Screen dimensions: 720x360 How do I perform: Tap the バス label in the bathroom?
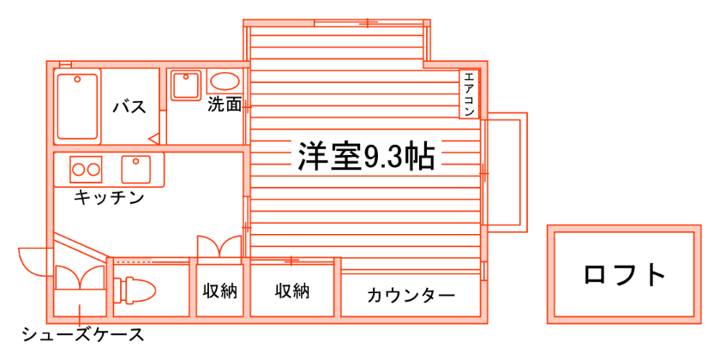pyautogui.click(x=129, y=107)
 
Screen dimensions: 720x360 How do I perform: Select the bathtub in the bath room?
pyautogui.click(x=78, y=105)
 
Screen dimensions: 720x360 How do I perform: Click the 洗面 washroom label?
pyautogui.click(x=225, y=106)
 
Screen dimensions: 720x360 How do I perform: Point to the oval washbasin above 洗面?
pyautogui.click(x=225, y=83)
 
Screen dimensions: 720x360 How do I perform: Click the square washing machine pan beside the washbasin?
pyautogui.click(x=184, y=85)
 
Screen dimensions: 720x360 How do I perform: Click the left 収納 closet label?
pyautogui.click(x=219, y=291)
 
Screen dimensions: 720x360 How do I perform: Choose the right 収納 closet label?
pyautogui.click(x=291, y=291)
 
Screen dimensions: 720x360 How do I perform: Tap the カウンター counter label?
pyautogui.click(x=411, y=296)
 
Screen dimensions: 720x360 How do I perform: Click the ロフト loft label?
pyautogui.click(x=624, y=275)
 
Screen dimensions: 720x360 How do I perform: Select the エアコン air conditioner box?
pyautogui.click(x=470, y=93)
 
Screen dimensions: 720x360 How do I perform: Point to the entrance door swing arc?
pyautogui.click(x=34, y=261)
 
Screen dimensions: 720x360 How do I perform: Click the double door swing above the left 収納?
pyautogui.click(x=219, y=246)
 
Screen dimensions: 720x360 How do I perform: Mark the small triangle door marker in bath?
pyautogui.click(x=153, y=137)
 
